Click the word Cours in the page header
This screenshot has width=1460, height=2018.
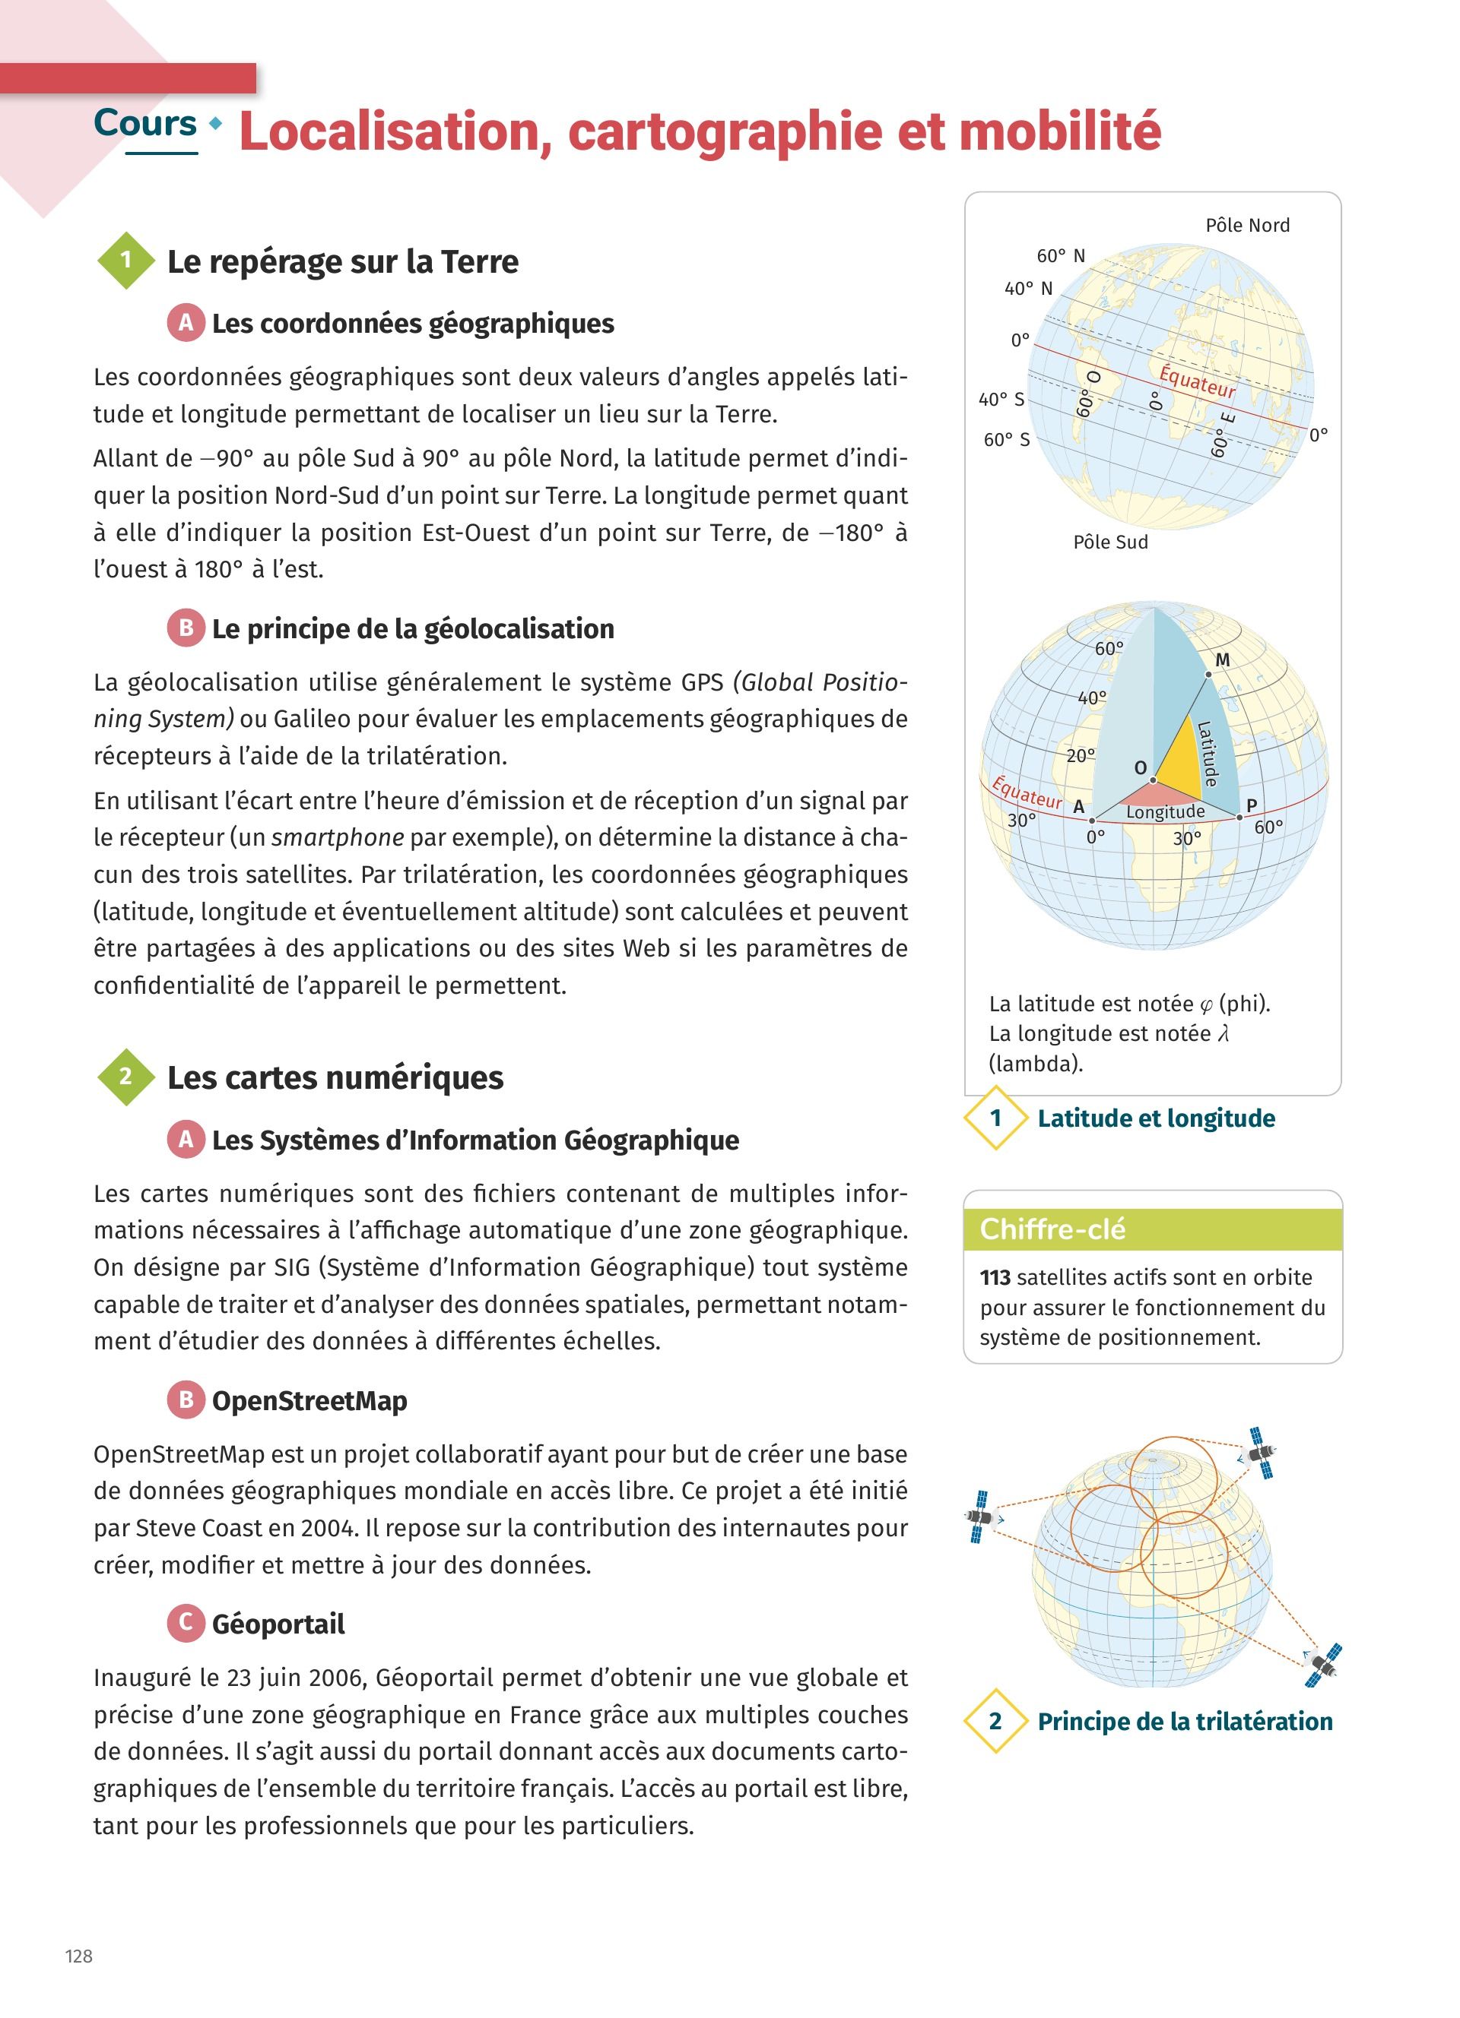tap(145, 124)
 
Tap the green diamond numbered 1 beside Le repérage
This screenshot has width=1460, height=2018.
tap(125, 260)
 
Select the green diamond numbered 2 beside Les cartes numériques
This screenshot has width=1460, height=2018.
tap(125, 1077)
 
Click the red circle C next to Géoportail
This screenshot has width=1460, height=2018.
tap(186, 1623)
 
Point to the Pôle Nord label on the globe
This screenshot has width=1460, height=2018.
tap(1246, 226)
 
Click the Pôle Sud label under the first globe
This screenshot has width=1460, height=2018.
tap(1110, 542)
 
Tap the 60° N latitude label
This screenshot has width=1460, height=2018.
tap(1060, 256)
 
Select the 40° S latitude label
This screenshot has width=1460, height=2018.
tap(1003, 400)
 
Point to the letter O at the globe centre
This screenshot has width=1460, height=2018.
tap(1141, 767)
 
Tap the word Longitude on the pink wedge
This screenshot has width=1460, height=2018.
tap(1164, 811)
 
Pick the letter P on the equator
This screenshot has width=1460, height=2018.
tap(1251, 805)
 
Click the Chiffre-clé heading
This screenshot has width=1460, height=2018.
tap(1052, 1229)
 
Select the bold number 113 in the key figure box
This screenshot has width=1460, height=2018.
tap(995, 1278)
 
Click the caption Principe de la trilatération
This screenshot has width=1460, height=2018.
tap(1184, 1721)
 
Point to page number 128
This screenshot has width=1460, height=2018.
tap(78, 1956)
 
